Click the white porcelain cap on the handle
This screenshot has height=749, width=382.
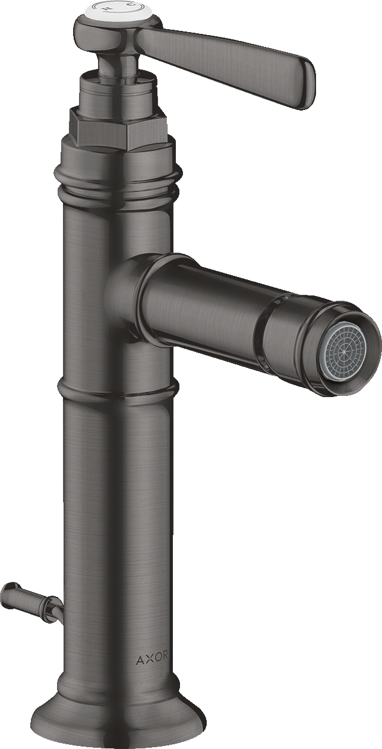click(111, 10)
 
